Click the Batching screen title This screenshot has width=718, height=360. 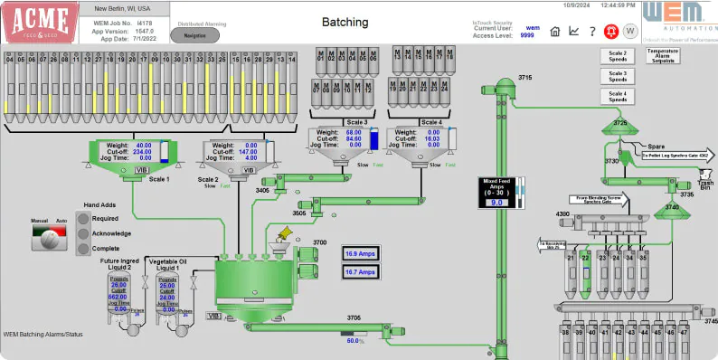[x=345, y=23]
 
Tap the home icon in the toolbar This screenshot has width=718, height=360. [x=555, y=31]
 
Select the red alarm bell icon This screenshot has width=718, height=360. [x=609, y=31]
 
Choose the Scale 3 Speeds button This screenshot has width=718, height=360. [x=618, y=76]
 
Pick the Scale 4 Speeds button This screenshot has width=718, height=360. [x=618, y=96]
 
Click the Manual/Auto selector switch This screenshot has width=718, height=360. [x=50, y=238]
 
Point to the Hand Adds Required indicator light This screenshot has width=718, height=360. [x=84, y=218]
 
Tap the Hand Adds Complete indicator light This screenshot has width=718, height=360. [x=84, y=247]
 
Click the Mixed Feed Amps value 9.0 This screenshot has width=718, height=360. [x=496, y=204]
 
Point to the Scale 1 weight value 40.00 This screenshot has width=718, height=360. [x=143, y=146]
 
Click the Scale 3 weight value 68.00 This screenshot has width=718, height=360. [x=353, y=132]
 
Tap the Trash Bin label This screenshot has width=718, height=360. [x=705, y=184]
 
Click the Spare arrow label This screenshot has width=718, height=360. [x=656, y=145]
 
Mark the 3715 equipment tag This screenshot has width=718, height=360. [x=524, y=79]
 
